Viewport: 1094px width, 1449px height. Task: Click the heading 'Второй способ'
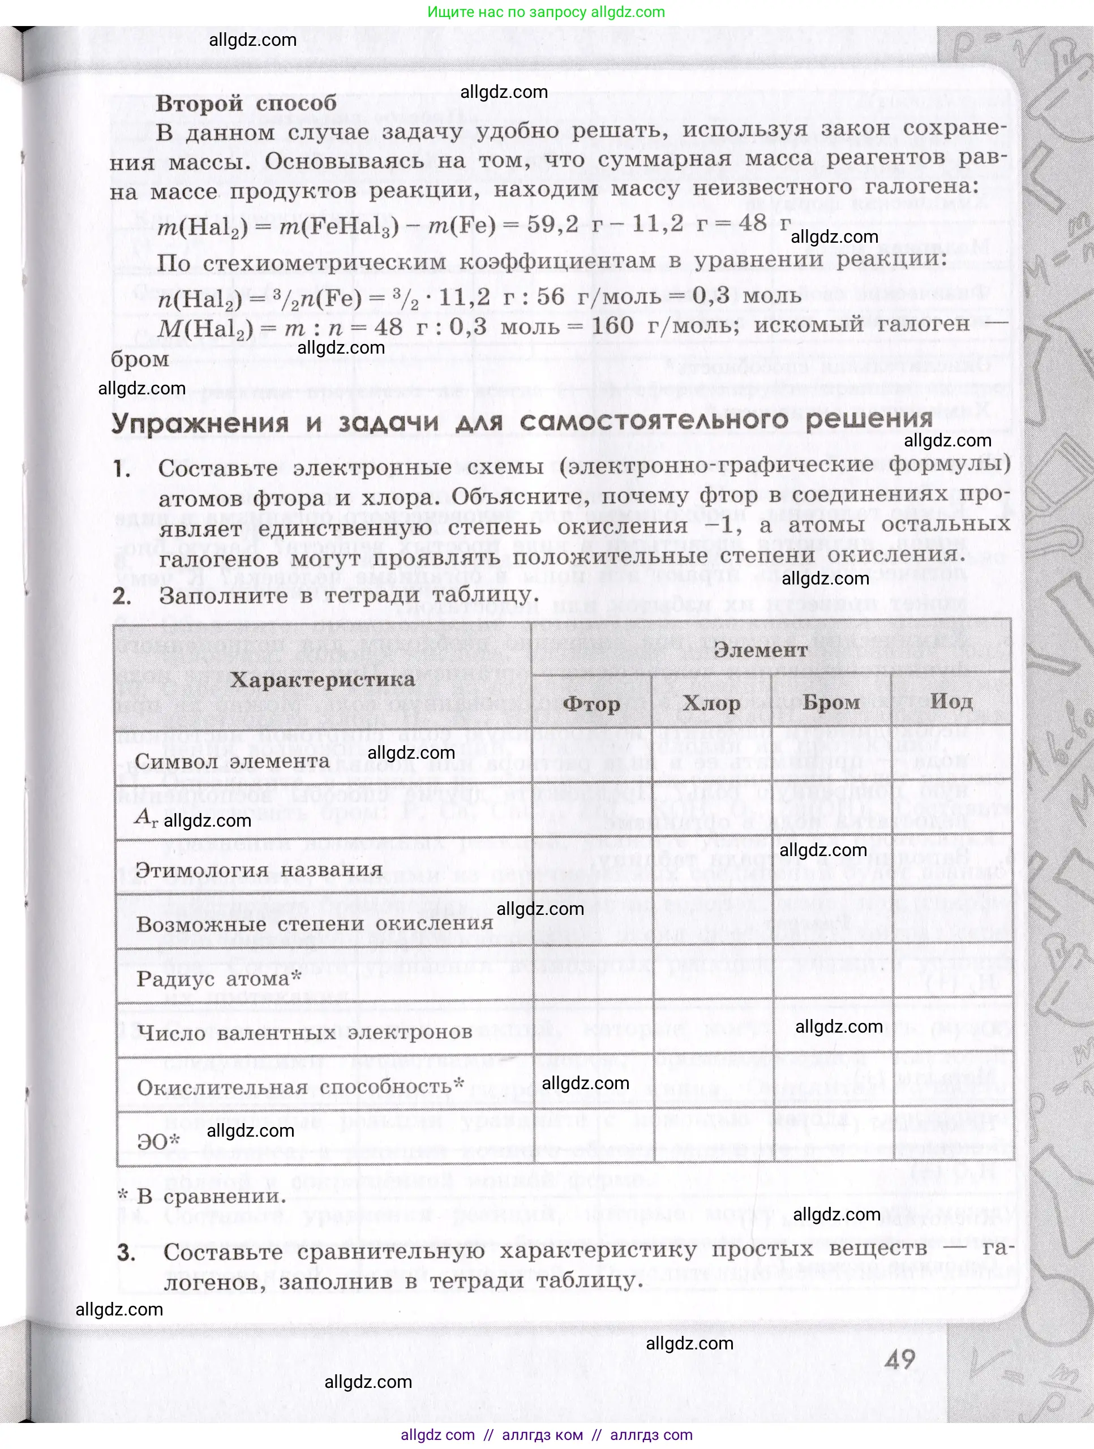246,103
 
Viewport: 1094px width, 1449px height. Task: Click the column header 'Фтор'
591,704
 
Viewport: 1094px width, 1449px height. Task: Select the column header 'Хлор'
711,703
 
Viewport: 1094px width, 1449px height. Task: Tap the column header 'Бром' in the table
831,702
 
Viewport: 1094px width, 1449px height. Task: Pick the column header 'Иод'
951,702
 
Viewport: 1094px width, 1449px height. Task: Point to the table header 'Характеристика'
322,680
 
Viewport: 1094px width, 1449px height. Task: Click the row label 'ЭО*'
158,1142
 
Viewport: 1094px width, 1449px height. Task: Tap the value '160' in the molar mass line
612,325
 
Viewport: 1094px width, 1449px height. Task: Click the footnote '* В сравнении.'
202,1196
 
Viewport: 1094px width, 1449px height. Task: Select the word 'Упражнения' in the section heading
200,423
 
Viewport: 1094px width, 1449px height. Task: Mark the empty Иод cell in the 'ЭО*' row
953,1141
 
